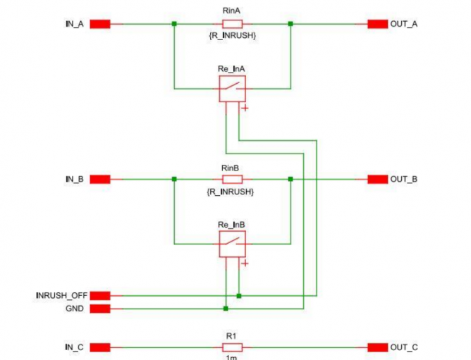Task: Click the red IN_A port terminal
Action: click(99, 24)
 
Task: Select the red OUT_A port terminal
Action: click(377, 24)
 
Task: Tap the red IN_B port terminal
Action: click(99, 179)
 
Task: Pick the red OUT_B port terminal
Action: click(377, 179)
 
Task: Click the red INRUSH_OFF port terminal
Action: click(99, 295)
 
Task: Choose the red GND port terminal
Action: click(99, 308)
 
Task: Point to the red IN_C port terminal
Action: click(99, 347)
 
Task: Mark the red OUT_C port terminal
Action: click(377, 347)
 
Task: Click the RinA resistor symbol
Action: click(232, 24)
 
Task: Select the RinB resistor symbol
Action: click(232, 179)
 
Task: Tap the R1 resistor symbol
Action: click(232, 347)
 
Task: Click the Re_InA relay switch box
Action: click(232, 88)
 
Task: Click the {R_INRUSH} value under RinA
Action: click(232, 35)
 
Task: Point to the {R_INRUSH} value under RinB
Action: click(232, 191)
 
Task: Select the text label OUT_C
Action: click(404, 347)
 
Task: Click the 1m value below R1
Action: click(232, 357)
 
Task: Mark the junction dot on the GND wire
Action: click(226, 308)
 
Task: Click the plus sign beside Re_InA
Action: click(245, 108)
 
